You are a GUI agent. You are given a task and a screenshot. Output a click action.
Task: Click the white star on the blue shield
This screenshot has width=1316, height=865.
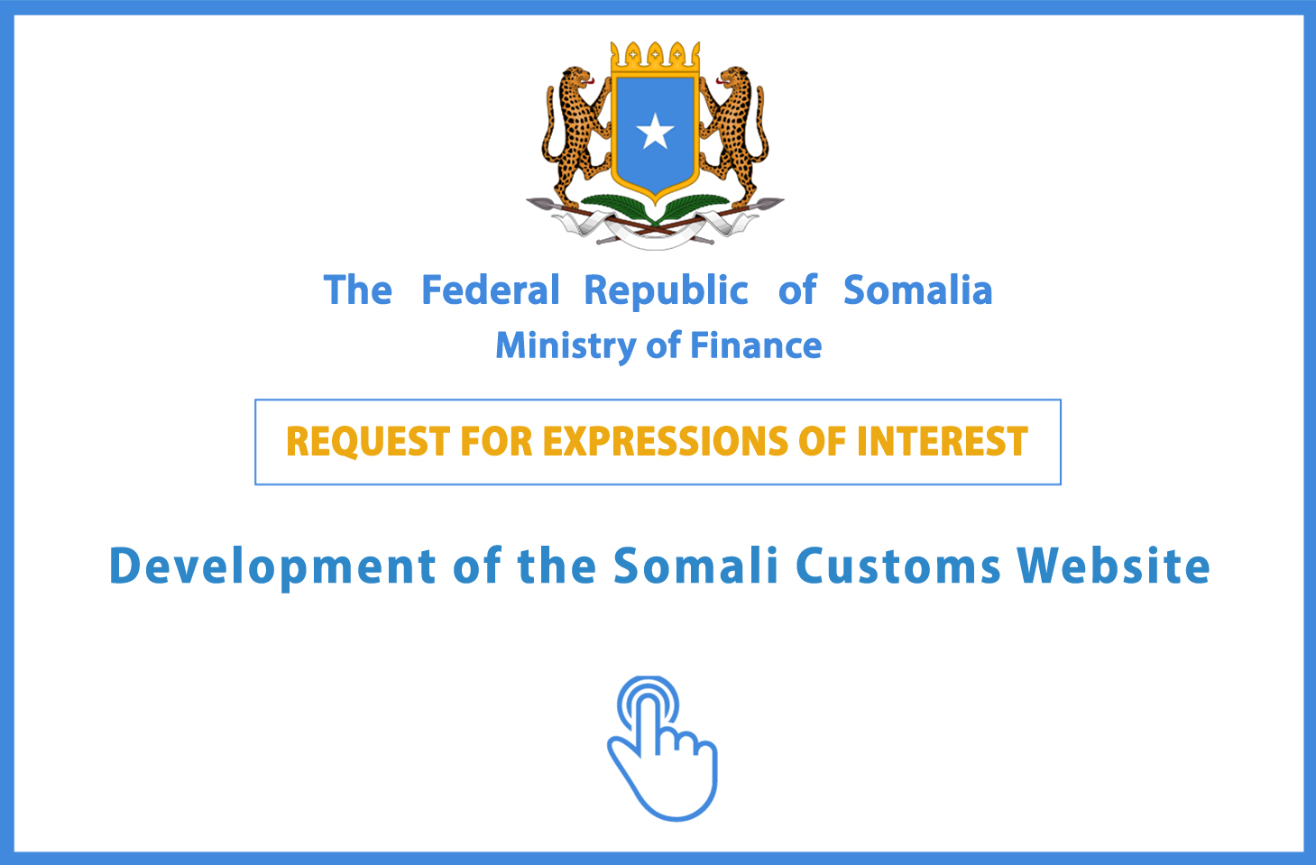(x=655, y=131)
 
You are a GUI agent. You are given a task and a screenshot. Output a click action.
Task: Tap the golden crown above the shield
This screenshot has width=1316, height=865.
(x=655, y=58)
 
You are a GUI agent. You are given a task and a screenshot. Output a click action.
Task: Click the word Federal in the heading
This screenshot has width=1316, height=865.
(x=491, y=290)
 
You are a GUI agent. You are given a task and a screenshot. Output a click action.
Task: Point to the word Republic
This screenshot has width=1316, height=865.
(x=667, y=290)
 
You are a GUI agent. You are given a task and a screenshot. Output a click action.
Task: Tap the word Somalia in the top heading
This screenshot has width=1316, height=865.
(x=917, y=290)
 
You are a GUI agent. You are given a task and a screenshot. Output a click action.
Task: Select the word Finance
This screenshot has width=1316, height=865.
(x=756, y=345)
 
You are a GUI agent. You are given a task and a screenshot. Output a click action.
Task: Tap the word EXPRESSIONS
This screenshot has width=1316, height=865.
(x=665, y=441)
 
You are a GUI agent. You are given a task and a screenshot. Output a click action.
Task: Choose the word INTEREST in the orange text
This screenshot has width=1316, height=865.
(x=943, y=441)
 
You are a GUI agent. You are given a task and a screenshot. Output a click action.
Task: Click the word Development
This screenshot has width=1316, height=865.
(x=272, y=566)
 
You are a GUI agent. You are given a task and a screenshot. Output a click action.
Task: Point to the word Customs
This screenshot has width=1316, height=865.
(x=898, y=566)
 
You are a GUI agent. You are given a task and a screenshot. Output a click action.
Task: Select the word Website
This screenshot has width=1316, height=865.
(x=1114, y=566)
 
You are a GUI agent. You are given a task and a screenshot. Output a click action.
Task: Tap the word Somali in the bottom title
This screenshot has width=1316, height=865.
(x=696, y=566)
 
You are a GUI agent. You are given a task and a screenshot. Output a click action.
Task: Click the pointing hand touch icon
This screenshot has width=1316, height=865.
(x=662, y=748)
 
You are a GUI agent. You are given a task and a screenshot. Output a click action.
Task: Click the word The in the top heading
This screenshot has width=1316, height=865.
(x=358, y=290)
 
